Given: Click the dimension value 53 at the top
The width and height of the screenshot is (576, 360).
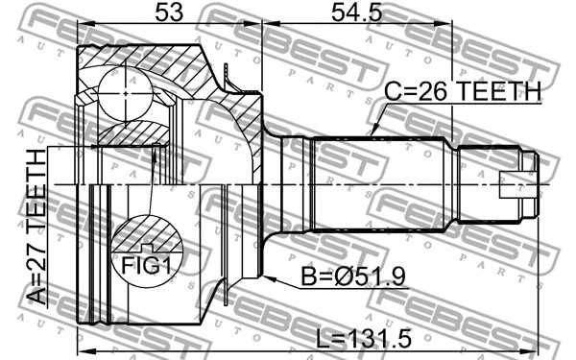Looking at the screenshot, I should pyautogui.click(x=167, y=13).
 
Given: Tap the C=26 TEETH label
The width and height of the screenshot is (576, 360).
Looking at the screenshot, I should pyautogui.click(x=464, y=91).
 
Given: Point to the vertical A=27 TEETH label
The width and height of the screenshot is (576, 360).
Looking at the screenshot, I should pyautogui.click(x=36, y=228).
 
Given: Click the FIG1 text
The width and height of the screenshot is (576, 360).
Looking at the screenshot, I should pyautogui.click(x=147, y=261).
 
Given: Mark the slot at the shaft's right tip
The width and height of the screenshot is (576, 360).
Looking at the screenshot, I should pyautogui.click(x=526, y=181).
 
